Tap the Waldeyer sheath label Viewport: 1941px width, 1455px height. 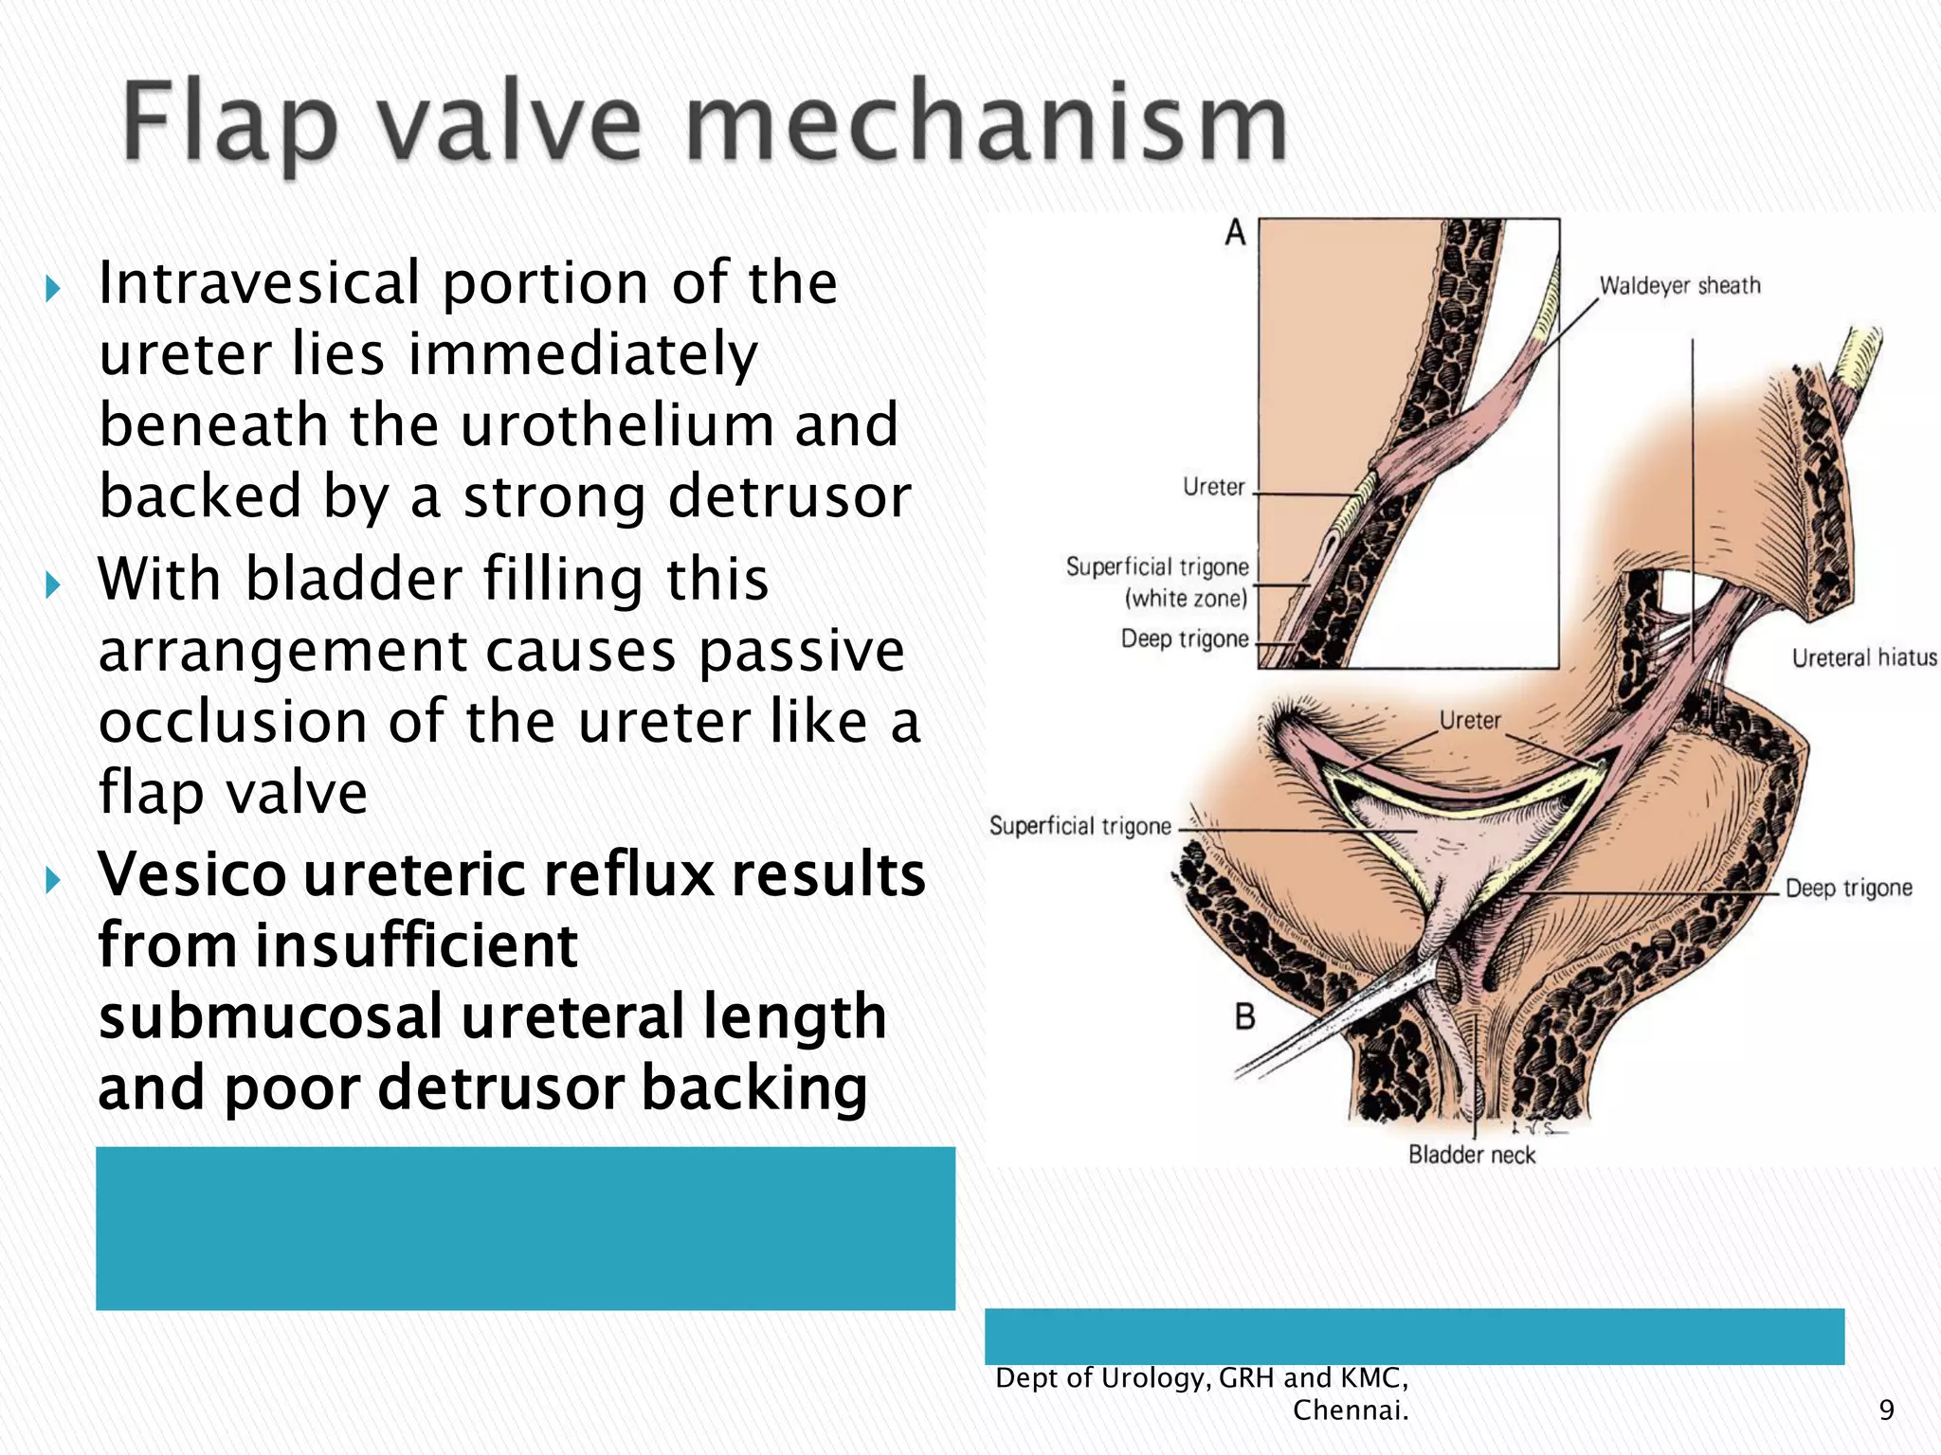tap(1679, 285)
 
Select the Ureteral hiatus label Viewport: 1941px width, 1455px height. tap(1863, 657)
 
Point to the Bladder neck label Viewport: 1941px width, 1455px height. tap(1471, 1155)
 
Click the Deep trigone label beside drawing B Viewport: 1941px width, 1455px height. tap(1848, 888)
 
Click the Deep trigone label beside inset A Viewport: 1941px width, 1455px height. tap(1184, 638)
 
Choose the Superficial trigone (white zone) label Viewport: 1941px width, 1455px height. tap(1157, 582)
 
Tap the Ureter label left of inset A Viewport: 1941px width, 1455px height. tap(1213, 487)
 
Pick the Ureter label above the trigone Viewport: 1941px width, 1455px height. tap(1470, 720)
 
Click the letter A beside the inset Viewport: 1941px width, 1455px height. tap(1235, 232)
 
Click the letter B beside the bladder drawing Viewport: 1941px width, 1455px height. tap(1244, 1017)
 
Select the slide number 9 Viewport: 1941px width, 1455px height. tap(1886, 1410)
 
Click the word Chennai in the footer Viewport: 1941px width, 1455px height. tap(1349, 1410)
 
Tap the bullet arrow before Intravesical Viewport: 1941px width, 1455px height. tap(53, 288)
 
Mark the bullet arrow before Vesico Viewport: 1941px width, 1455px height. tap(53, 880)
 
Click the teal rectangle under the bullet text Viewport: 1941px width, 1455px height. tap(525, 1228)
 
